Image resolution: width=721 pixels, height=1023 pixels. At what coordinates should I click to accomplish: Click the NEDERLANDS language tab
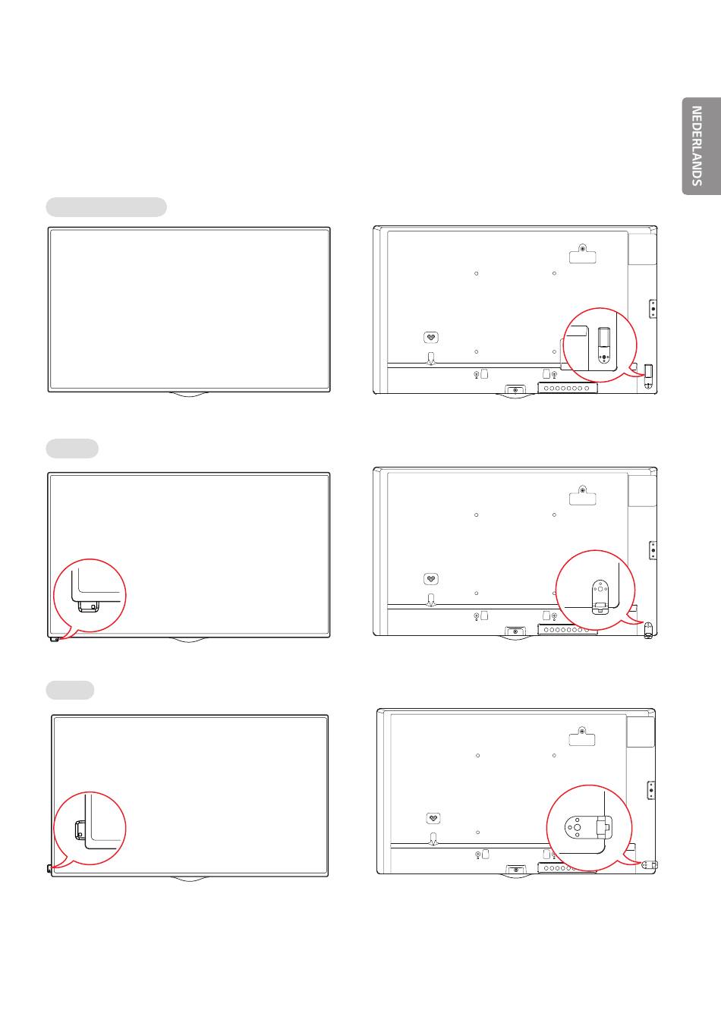[701, 146]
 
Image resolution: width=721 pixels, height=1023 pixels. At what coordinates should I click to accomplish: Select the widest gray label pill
[106, 207]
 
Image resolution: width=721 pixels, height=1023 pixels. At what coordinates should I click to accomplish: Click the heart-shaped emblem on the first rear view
[431, 338]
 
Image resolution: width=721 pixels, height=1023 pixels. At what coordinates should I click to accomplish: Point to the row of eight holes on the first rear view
[568, 389]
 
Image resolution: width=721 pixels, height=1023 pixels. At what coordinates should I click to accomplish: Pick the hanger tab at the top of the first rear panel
[583, 254]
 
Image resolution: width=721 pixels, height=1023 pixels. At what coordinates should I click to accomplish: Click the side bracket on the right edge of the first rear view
[653, 309]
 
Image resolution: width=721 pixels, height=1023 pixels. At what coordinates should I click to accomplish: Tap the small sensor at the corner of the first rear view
[648, 376]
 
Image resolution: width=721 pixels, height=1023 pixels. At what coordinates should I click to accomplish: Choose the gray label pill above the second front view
[72, 449]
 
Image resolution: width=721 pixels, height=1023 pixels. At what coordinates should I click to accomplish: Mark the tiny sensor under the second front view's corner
[55, 639]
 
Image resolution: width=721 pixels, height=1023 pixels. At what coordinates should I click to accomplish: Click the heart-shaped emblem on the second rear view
[431, 579]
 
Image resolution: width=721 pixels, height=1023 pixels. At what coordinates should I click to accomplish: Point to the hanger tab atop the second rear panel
[583, 496]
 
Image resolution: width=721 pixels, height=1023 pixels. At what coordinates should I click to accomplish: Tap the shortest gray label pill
[70, 690]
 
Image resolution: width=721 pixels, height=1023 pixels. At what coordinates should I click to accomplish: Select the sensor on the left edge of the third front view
[49, 868]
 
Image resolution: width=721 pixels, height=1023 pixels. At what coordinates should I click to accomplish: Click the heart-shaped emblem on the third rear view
[433, 818]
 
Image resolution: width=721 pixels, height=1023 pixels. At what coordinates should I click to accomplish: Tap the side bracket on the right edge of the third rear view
[651, 790]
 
